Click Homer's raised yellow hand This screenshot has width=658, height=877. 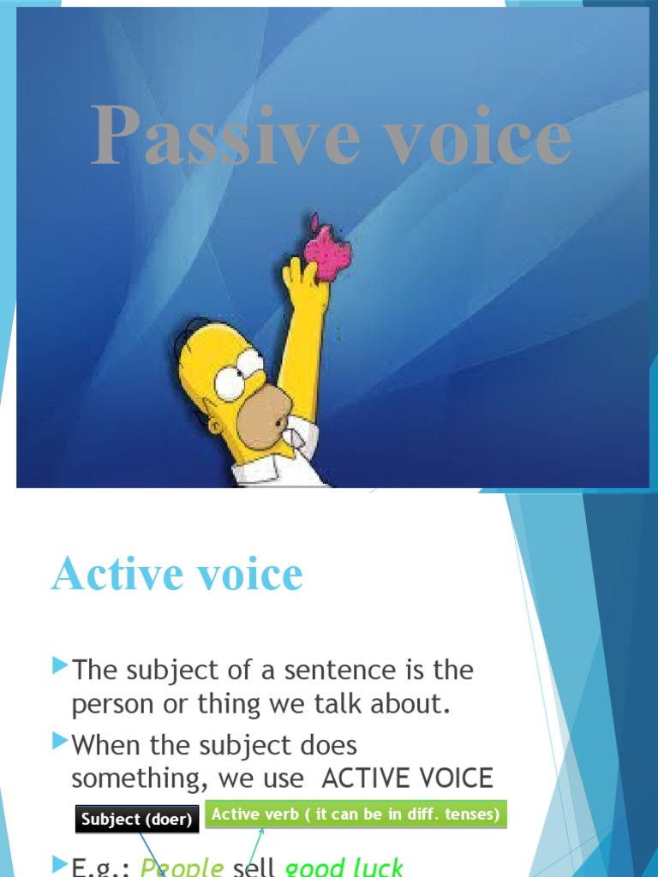[x=305, y=283]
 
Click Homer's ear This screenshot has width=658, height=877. [x=214, y=426]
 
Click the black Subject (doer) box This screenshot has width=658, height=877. [x=137, y=820]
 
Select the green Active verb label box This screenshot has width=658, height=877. [x=356, y=814]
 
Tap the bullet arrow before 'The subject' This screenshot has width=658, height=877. [x=59, y=664]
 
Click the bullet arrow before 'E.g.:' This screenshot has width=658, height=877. [x=59, y=862]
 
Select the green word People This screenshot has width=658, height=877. [x=182, y=868]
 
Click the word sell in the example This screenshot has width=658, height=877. [x=254, y=867]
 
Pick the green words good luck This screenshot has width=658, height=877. [x=344, y=867]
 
